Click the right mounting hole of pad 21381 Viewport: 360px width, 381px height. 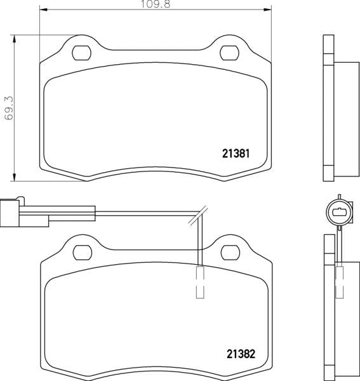227,53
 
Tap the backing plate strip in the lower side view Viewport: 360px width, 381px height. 328,305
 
